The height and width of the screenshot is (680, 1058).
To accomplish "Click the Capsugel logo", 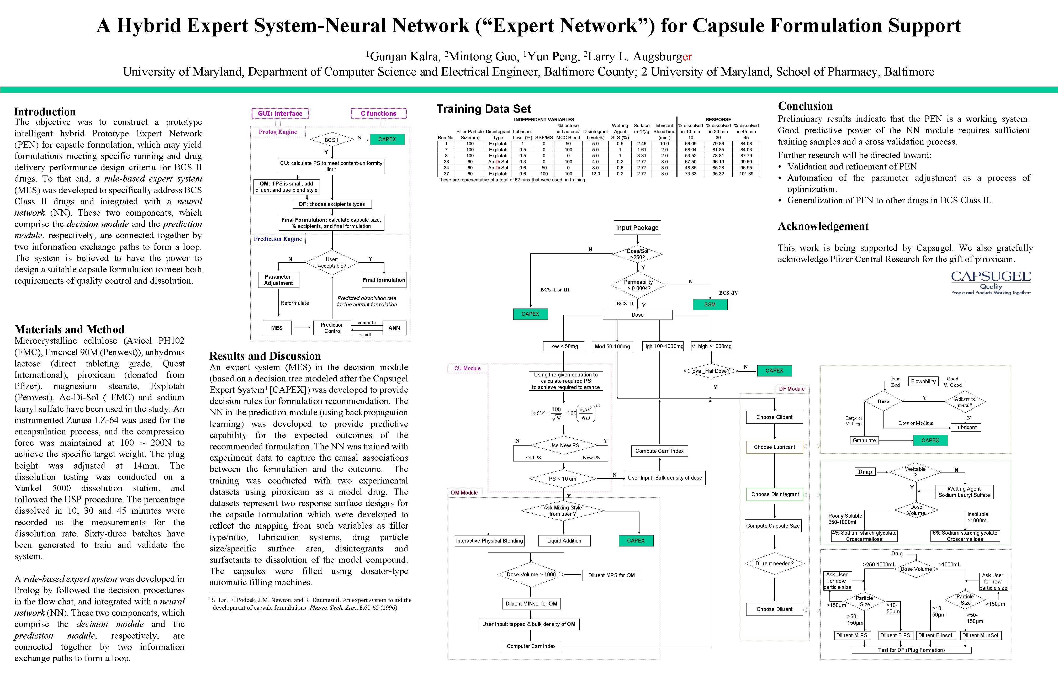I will coord(991,283).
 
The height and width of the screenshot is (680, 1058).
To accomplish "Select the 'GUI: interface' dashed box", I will coord(280,114).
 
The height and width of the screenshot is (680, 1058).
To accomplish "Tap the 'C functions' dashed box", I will coord(378,114).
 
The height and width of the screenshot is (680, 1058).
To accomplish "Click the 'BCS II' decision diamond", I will coord(332,140).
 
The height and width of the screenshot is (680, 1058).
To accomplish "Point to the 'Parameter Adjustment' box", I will coord(278,280).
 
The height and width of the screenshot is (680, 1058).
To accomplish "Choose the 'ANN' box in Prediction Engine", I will coord(394,328).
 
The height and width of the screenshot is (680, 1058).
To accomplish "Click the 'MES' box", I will coord(277,328).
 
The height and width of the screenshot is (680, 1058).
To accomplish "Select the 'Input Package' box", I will coord(637,228).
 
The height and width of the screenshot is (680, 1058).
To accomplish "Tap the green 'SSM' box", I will coord(710,305).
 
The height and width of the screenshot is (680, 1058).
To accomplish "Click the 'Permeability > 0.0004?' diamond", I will coord(638,285).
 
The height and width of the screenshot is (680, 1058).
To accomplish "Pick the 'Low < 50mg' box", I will coord(563,346).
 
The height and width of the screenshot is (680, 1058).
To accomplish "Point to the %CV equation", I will coord(566,413).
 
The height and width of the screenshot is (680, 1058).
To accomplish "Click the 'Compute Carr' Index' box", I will coord(659,451).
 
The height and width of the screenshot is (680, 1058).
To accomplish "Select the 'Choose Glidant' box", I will coord(774,417).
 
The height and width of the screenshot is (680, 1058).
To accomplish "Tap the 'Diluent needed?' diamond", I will coord(774,564).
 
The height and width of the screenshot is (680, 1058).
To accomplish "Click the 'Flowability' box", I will coord(923,381).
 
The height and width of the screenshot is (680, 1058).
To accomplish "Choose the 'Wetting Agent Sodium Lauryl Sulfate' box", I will coord(964,492).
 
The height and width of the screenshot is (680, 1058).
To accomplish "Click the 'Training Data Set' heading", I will coord(484,109).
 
